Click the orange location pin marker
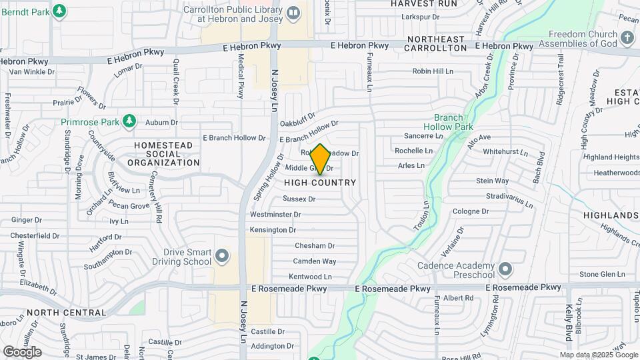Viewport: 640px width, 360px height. (x=320, y=159)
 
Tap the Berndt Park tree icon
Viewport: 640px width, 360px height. (x=59, y=11)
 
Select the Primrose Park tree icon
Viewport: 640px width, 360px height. (x=131, y=121)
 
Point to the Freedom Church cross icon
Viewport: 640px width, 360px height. (x=627, y=38)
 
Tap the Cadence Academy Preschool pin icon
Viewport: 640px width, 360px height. (x=505, y=269)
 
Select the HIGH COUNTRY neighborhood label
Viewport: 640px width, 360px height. (x=320, y=183)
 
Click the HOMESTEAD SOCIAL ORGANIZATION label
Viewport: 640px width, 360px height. (x=163, y=154)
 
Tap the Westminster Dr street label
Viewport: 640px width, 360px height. (x=275, y=215)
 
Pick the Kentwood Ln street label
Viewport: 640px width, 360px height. (x=310, y=277)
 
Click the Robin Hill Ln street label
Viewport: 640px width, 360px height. (x=432, y=71)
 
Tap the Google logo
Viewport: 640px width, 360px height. (x=22, y=351)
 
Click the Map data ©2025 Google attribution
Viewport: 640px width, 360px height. (x=597, y=355)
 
